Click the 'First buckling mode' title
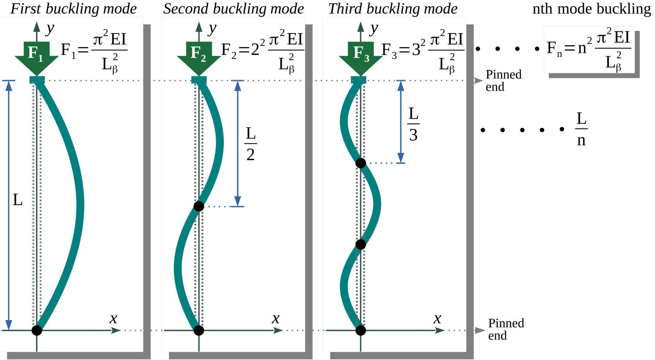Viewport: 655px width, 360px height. pos(73,9)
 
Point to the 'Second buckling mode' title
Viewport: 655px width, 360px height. pos(233,9)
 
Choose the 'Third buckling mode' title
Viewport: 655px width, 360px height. pos(393,9)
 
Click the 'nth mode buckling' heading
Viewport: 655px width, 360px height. pos(591,9)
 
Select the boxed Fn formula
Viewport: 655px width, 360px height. pos(589,50)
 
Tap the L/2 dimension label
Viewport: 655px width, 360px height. pos(250,144)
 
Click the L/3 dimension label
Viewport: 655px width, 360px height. pos(413,124)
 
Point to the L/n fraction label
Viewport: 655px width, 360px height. pos(581,130)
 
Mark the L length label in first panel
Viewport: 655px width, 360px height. pos(17,200)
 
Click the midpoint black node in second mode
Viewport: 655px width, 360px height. pos(199,206)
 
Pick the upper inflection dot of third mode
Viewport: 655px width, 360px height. pos(361,163)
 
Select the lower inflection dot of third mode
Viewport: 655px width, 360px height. pos(361,244)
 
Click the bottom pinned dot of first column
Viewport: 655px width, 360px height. pos(37,330)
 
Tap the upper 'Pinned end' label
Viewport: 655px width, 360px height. pos(503,80)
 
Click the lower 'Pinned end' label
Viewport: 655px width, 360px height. pos(506,329)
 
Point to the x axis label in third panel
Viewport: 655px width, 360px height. pos(437,319)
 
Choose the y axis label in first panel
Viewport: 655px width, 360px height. pos(50,29)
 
